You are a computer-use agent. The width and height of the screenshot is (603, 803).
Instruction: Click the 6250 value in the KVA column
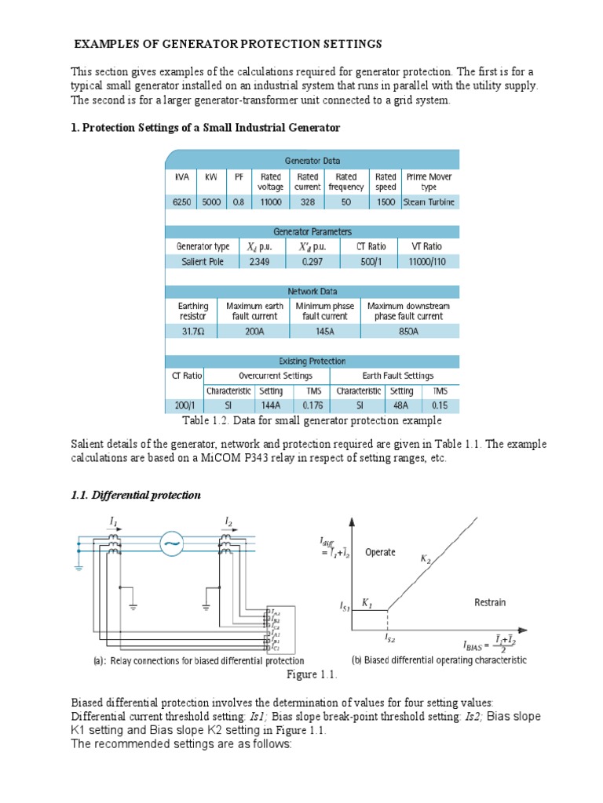(181, 202)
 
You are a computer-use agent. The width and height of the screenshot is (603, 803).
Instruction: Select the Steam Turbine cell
(429, 202)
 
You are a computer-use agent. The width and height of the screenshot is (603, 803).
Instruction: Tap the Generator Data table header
(312, 160)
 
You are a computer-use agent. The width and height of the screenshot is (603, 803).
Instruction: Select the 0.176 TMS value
(312, 405)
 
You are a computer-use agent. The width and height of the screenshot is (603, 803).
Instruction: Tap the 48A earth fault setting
(402, 405)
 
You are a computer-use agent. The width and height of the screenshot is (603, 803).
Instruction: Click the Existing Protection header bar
(312, 361)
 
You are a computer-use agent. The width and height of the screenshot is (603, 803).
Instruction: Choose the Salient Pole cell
(203, 261)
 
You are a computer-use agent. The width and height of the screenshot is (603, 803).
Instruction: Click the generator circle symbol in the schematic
(171, 545)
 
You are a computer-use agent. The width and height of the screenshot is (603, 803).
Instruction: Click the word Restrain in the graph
(490, 602)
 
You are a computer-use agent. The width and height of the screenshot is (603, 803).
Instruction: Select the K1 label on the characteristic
(367, 602)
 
